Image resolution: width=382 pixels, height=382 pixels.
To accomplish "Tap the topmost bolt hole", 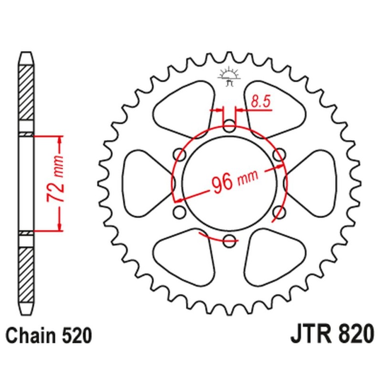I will click(229, 127).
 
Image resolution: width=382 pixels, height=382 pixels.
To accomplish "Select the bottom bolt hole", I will click(230, 240).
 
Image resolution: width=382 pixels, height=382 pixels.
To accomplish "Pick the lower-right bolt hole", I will click(280, 212).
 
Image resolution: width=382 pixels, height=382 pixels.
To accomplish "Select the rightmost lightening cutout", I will click(311, 183).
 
